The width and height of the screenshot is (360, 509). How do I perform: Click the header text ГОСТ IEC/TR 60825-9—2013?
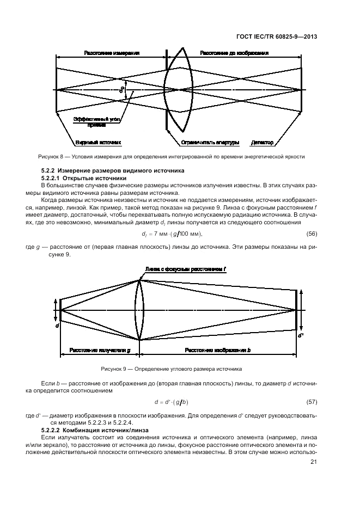(x=278, y=38)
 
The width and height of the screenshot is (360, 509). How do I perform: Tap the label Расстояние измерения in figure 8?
(x=111, y=54)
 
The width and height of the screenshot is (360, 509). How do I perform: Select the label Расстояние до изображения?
(x=234, y=54)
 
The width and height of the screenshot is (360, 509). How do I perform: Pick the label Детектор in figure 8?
(x=263, y=143)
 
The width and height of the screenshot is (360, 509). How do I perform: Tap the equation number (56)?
(x=311, y=234)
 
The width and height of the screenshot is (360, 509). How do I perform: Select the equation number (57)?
(x=311, y=402)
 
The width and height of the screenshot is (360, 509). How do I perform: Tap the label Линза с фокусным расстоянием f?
(x=185, y=268)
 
